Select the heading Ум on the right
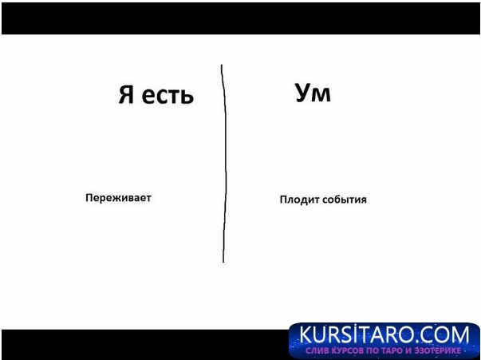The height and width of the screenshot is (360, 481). pyautogui.click(x=313, y=94)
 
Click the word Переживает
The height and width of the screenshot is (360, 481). pyautogui.click(x=118, y=198)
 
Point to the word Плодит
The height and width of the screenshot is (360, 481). pyautogui.click(x=296, y=200)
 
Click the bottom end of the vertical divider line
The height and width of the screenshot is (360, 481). pyautogui.click(x=223, y=262)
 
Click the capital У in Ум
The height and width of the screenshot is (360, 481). pyautogui.click(x=303, y=94)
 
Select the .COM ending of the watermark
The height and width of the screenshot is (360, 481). pyautogui.click(x=448, y=334)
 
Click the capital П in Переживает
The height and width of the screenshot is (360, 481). pyautogui.click(x=89, y=198)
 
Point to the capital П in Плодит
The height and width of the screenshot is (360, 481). pyautogui.click(x=283, y=200)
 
